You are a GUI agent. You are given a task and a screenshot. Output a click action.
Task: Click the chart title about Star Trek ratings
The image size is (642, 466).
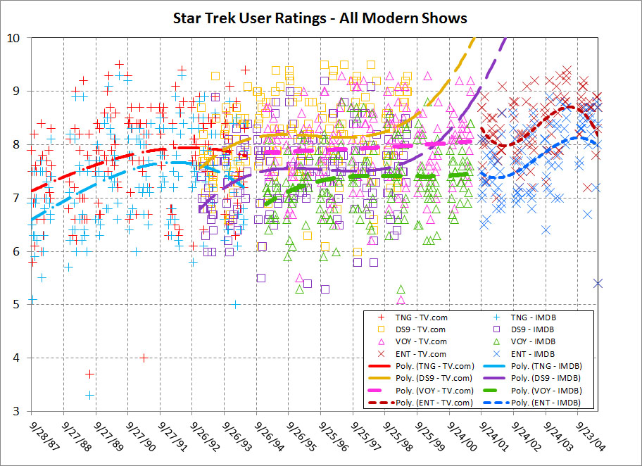pyautogui.click(x=320, y=18)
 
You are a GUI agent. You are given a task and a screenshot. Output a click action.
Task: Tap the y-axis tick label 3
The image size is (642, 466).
pyautogui.click(x=15, y=411)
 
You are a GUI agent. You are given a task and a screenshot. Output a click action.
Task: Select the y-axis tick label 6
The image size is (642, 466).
pyautogui.click(x=15, y=251)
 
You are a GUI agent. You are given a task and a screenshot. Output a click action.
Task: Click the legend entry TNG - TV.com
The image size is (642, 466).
pyautogui.click(x=422, y=317)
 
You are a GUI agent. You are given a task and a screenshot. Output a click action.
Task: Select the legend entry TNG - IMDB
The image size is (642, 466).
pyautogui.click(x=534, y=317)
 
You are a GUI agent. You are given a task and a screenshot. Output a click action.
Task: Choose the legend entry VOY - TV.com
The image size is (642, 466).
pyautogui.click(x=422, y=341)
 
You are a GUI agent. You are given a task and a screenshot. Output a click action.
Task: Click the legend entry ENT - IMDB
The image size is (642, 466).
pyautogui.click(x=534, y=353)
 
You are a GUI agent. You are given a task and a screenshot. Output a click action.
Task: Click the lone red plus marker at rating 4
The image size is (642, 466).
pyautogui.click(x=144, y=358)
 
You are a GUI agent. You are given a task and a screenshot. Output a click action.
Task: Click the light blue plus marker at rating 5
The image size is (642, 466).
pyautogui.click(x=236, y=305)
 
